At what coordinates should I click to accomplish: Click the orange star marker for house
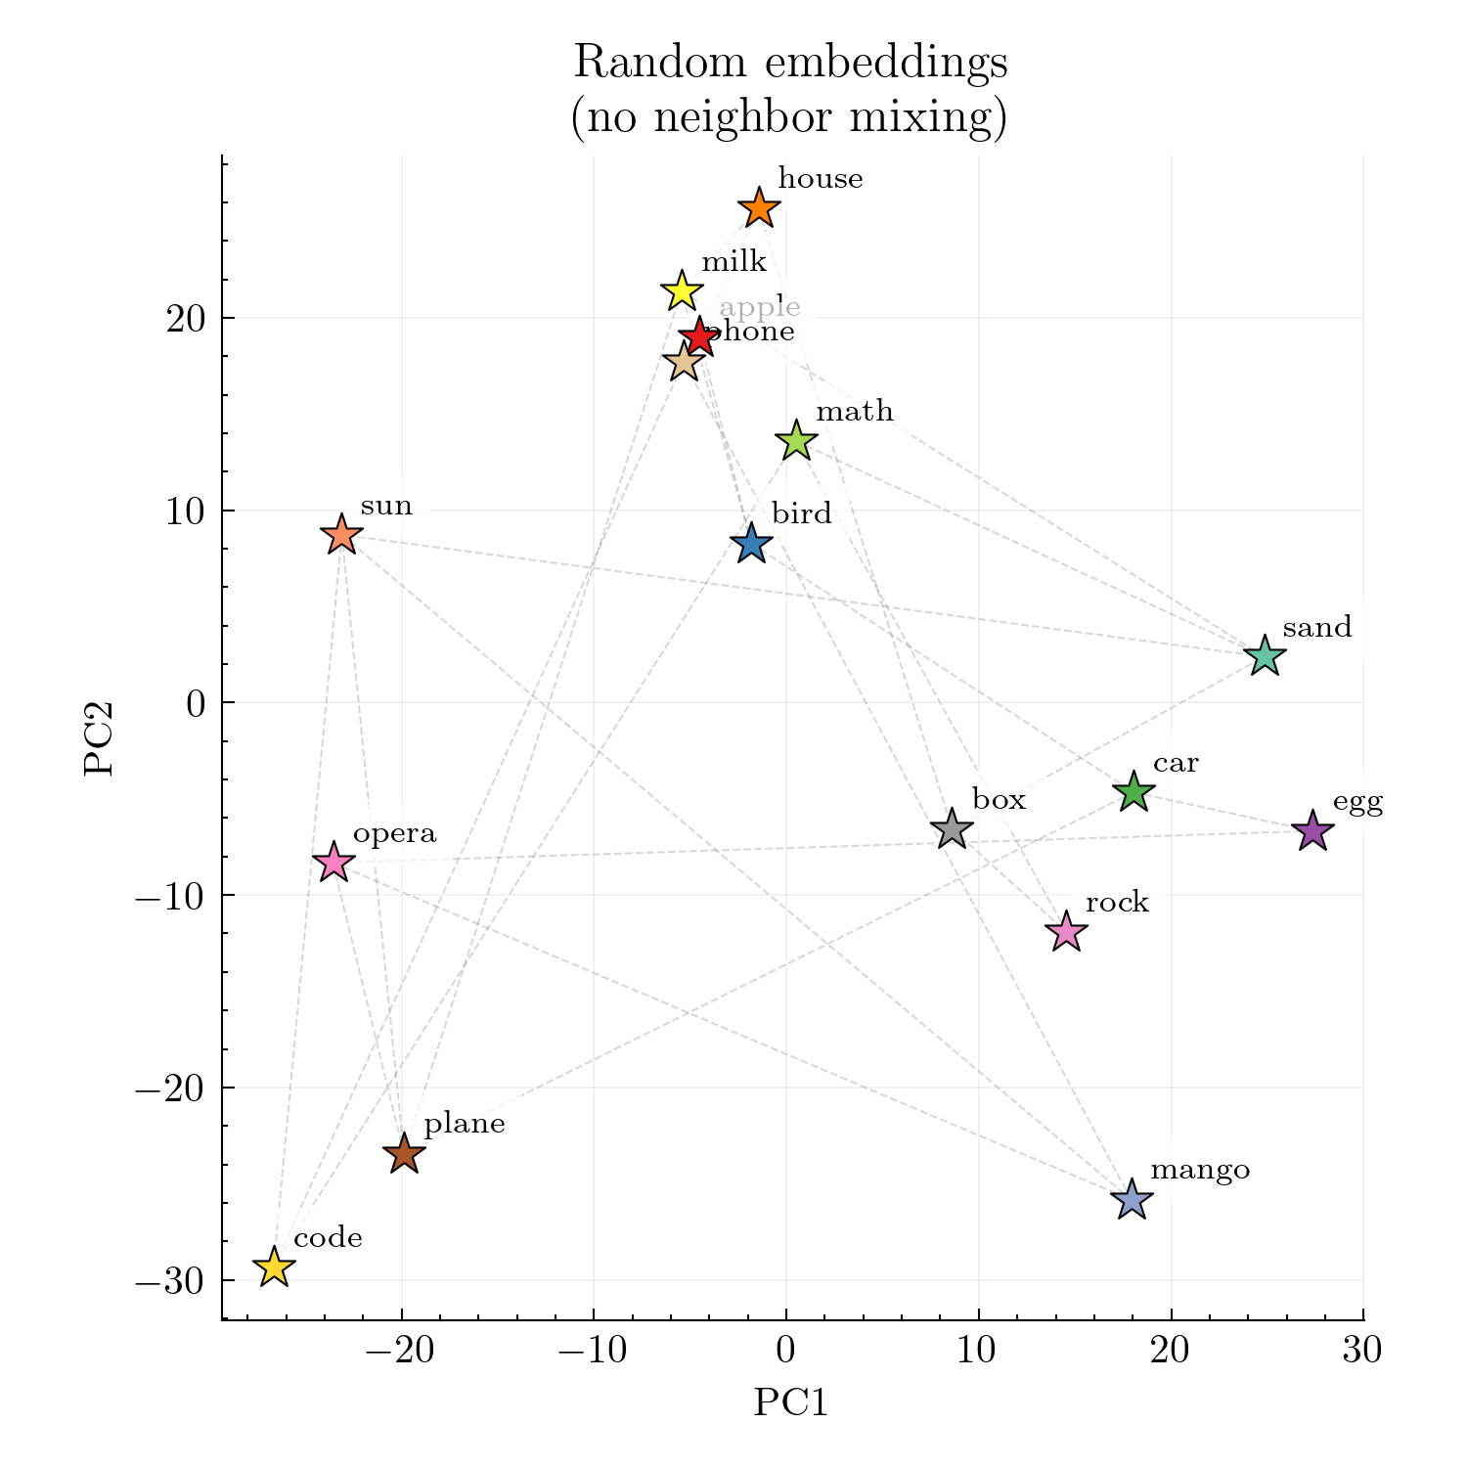click(x=759, y=208)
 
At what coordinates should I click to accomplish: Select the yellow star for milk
click(x=682, y=290)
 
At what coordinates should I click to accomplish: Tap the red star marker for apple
click(x=699, y=336)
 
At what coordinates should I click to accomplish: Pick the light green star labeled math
click(x=797, y=441)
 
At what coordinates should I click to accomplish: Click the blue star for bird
click(x=751, y=543)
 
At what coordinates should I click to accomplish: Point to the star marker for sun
click(x=341, y=535)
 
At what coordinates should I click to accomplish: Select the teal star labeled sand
click(x=1265, y=656)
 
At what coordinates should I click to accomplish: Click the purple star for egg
click(x=1312, y=831)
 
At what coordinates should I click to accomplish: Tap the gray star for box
click(x=952, y=829)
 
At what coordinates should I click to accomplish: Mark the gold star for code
click(x=275, y=1267)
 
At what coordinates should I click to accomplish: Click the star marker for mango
click(x=1132, y=1199)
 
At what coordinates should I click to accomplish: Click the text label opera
click(x=394, y=834)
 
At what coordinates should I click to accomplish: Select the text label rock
click(x=1117, y=903)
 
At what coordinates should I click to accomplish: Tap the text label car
click(x=1176, y=764)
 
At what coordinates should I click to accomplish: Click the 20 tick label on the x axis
click(x=1170, y=1352)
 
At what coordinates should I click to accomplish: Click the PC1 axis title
click(x=790, y=1403)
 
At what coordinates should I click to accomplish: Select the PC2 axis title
click(x=99, y=738)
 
